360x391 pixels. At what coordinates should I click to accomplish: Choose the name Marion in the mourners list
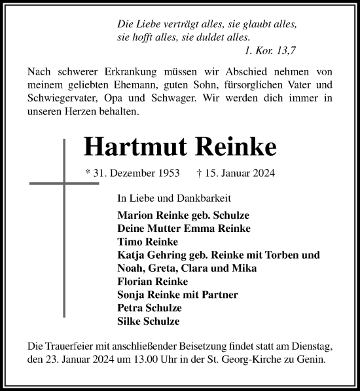tap(135, 215)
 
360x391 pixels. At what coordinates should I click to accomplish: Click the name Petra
tap(131, 308)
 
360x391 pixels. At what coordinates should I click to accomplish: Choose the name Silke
tap(130, 322)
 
